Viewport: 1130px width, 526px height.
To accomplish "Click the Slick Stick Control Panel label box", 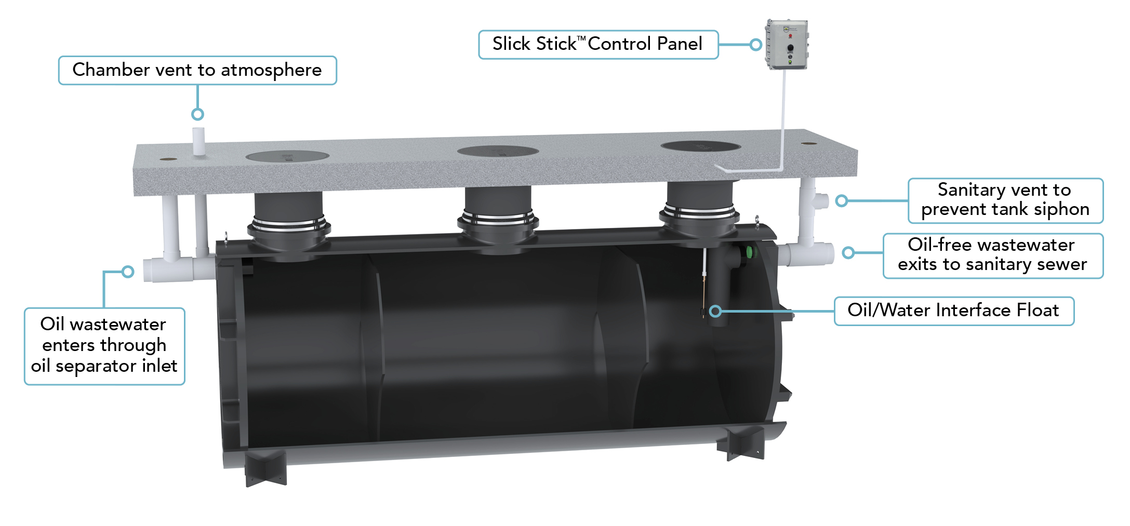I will tap(597, 45).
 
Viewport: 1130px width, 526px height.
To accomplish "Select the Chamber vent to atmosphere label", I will tap(197, 70).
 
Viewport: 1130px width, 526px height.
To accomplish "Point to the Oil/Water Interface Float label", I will tap(953, 311).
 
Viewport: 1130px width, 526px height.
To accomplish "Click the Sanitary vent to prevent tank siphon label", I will tap(1005, 200).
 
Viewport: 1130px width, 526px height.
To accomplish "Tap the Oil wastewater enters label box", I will tap(104, 346).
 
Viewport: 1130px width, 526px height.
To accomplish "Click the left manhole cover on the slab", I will tap(287, 155).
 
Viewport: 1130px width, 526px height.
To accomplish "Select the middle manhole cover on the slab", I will tap(497, 151).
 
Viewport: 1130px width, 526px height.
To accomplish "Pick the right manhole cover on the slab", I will tap(700, 146).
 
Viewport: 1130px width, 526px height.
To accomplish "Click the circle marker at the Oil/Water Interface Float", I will tap(715, 311).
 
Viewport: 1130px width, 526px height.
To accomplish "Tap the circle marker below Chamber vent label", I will tap(197, 114).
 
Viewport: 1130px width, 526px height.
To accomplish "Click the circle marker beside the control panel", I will tap(756, 45).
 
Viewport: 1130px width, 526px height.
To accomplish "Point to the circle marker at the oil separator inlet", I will tap(128, 272).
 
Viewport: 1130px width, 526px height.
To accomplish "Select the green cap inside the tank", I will tap(750, 252).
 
